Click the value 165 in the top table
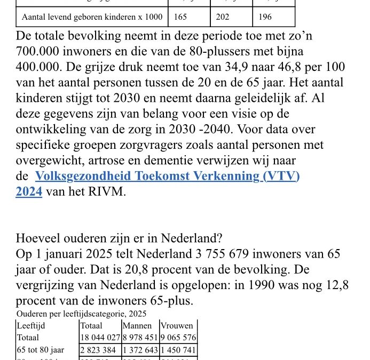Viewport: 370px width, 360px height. (x=180, y=17)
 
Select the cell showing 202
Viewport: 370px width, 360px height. (x=223, y=17)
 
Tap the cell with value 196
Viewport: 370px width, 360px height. (x=265, y=17)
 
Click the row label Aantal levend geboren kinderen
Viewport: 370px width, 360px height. (x=92, y=17)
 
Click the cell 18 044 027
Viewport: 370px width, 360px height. (x=100, y=338)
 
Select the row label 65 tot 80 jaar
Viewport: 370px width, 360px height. (x=40, y=350)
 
